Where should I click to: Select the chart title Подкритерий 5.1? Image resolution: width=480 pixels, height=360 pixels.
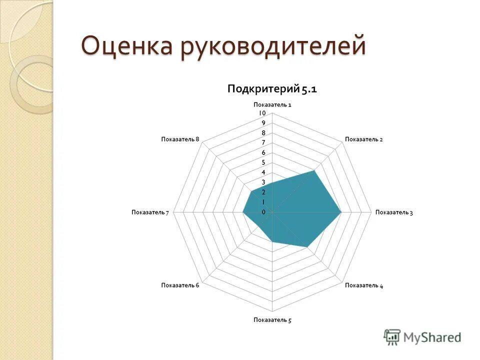click(272, 89)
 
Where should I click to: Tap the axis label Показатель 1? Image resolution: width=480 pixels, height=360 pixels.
click(272, 104)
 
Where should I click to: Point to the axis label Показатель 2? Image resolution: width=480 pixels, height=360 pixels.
click(363, 139)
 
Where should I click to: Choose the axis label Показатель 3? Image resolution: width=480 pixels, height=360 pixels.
click(394, 212)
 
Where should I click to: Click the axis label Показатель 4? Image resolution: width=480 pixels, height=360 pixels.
click(363, 285)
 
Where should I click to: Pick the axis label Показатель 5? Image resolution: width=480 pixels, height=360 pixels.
click(272, 320)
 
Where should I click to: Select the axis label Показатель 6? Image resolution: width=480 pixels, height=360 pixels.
click(180, 285)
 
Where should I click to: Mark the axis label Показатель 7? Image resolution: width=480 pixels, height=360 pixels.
click(150, 212)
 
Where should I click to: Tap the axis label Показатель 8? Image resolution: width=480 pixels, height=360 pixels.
click(180, 139)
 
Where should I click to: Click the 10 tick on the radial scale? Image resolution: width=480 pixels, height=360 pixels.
click(262, 113)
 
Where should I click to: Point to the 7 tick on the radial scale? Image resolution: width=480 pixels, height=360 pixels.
click(263, 142)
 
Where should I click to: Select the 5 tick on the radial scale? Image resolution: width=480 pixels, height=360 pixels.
click(263, 162)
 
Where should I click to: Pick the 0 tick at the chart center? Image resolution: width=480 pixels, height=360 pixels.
click(263, 212)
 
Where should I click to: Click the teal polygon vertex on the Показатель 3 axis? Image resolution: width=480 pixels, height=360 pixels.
click(341, 212)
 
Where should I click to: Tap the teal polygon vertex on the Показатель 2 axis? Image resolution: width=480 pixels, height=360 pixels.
click(314, 171)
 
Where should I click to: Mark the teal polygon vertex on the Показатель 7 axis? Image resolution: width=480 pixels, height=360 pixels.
click(243, 212)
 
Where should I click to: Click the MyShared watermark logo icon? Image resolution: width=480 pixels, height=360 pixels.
click(392, 337)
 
